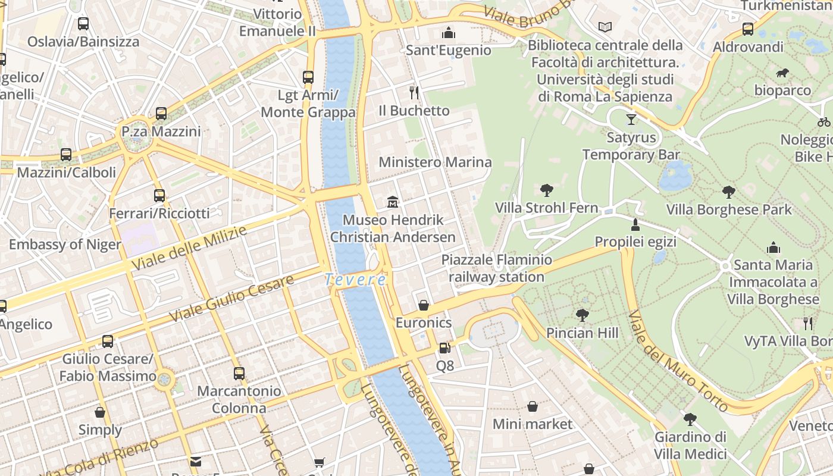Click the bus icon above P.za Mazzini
pos(161,113)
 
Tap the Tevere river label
pos(355,279)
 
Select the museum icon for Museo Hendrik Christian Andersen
pos(393,202)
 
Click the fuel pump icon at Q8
pos(444,347)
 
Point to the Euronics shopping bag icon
pos(424,305)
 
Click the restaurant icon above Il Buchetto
pos(414,92)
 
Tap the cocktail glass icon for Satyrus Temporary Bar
pos(631,120)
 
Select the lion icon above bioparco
pos(782,73)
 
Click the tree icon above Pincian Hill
pos(582,315)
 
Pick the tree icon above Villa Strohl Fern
pos(546,190)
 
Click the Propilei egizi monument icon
pos(635,225)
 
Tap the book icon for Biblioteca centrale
pos(605,27)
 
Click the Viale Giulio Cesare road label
pos(231,299)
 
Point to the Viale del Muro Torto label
pos(678,361)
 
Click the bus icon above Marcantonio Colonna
pos(239,374)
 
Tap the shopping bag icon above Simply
pos(100,412)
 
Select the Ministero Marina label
pos(435,162)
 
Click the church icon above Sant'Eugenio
pos(449,32)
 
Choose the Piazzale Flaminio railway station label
pos(496,268)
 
